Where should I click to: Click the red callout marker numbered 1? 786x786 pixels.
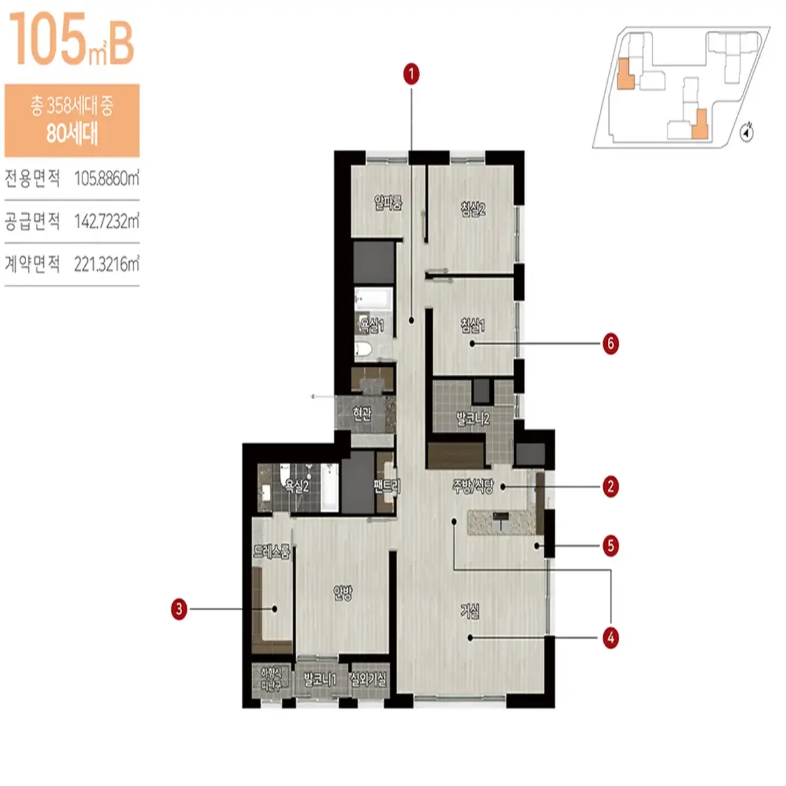(x=411, y=74)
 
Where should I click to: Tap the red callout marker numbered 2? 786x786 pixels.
(x=610, y=487)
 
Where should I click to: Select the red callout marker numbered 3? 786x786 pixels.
(x=179, y=608)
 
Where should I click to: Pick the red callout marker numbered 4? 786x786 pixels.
(x=610, y=637)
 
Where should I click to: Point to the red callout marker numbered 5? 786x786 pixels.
(x=610, y=546)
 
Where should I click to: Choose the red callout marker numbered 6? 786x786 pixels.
(x=610, y=343)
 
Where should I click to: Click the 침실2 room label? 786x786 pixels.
(x=473, y=209)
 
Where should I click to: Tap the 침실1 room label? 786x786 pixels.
(x=473, y=324)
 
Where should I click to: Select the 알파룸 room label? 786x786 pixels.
(x=388, y=202)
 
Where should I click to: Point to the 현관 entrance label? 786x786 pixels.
(x=362, y=413)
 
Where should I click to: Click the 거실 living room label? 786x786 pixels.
(x=470, y=611)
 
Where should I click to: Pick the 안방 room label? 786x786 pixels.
(x=343, y=593)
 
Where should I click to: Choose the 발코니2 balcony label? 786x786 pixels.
(x=472, y=419)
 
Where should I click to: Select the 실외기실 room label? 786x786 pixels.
(x=368, y=679)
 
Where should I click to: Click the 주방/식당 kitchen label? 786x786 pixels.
(x=473, y=486)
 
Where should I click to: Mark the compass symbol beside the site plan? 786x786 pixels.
(x=747, y=133)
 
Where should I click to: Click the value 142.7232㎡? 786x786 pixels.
(x=106, y=221)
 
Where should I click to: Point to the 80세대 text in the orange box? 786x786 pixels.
(x=72, y=134)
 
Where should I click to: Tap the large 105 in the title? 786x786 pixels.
(x=47, y=41)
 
